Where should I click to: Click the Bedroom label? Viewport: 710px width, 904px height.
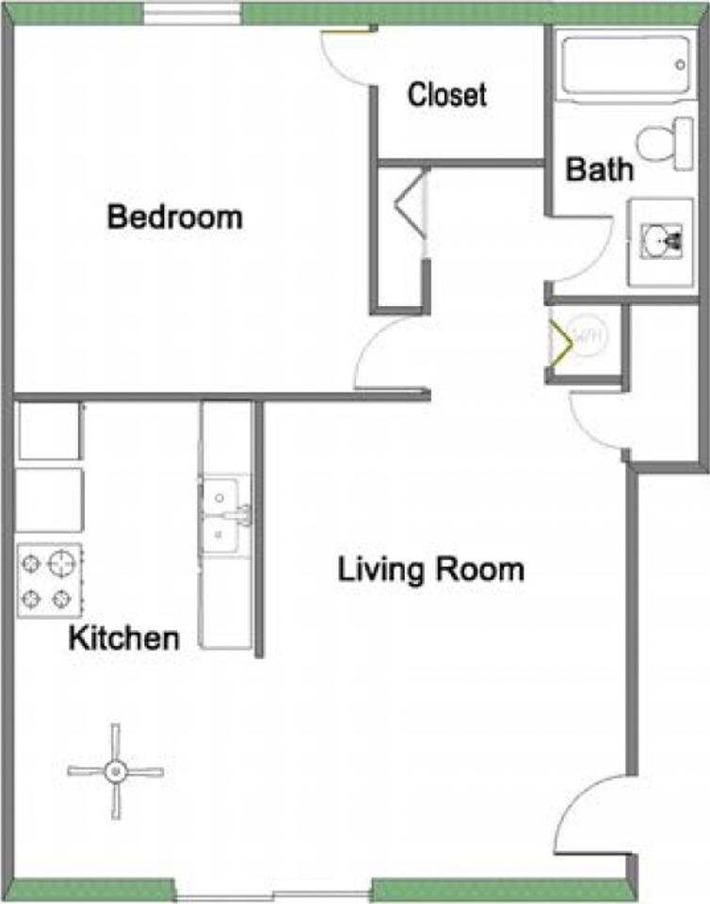click(175, 218)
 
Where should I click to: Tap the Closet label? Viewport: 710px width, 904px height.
click(447, 94)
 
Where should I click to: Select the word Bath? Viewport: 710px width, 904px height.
click(599, 170)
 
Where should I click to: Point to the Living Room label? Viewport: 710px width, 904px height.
click(430, 571)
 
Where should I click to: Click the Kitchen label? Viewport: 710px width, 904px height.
click(124, 638)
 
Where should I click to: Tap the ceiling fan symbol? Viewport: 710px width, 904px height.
click(115, 771)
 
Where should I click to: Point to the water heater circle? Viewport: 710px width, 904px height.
click(589, 334)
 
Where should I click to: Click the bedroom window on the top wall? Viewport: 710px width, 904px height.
click(192, 13)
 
